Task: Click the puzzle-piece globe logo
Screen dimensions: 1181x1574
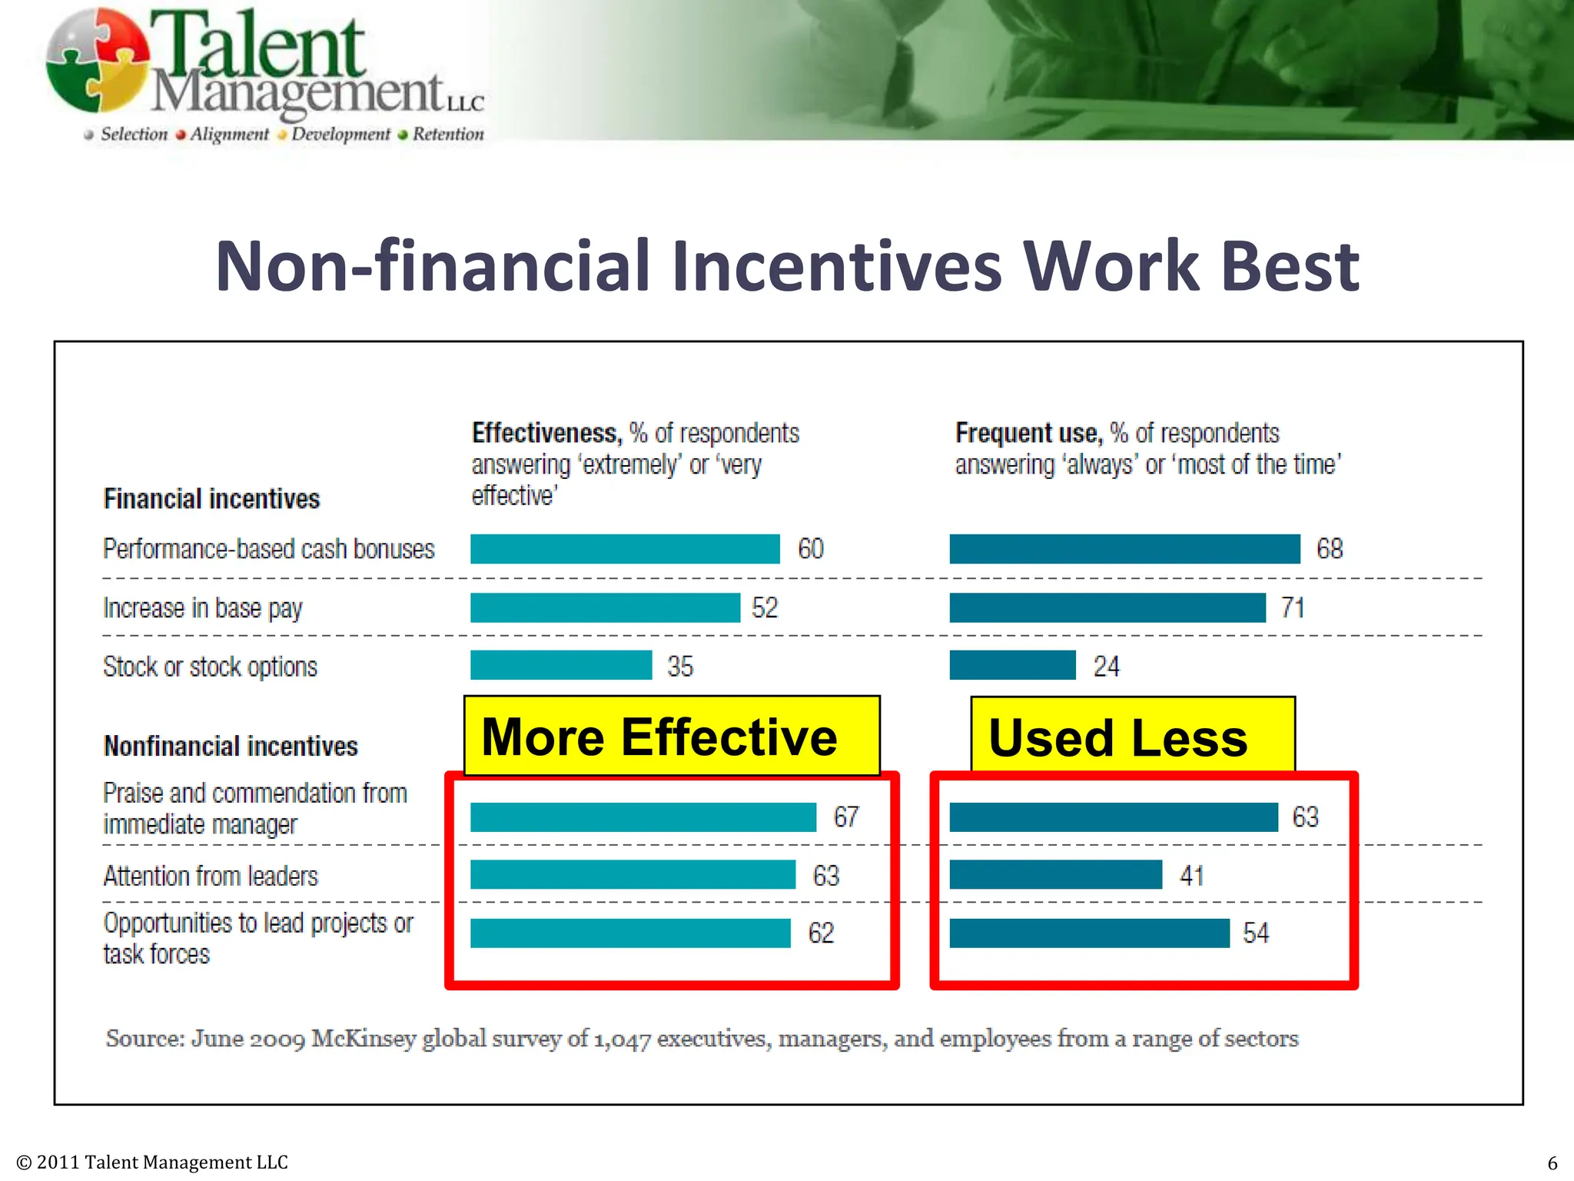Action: pyautogui.click(x=96, y=62)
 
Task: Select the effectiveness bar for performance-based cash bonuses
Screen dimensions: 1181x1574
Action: pyautogui.click(x=624, y=549)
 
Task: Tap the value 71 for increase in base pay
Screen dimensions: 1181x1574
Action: pyautogui.click(x=1293, y=608)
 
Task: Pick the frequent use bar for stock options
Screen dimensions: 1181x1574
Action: pyautogui.click(x=1012, y=666)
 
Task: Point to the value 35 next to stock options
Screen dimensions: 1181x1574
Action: pyautogui.click(x=680, y=667)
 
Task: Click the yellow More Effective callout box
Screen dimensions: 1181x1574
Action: pyautogui.click(x=671, y=736)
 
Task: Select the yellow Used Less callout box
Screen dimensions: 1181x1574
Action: pyautogui.click(x=1132, y=736)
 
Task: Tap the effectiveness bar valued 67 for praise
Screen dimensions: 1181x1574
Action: pyautogui.click(x=643, y=817)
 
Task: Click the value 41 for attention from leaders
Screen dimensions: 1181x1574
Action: pyautogui.click(x=1191, y=876)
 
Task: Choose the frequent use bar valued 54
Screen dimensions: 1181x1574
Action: pyautogui.click(x=1089, y=933)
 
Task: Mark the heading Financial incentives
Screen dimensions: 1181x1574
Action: pyautogui.click(x=211, y=499)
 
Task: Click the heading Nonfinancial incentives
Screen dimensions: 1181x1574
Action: pyautogui.click(x=231, y=747)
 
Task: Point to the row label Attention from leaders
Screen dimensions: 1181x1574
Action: pyautogui.click(x=211, y=877)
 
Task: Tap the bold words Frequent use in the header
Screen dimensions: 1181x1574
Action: pyautogui.click(x=1028, y=434)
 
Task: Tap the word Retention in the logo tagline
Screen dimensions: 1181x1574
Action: pyautogui.click(x=448, y=135)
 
